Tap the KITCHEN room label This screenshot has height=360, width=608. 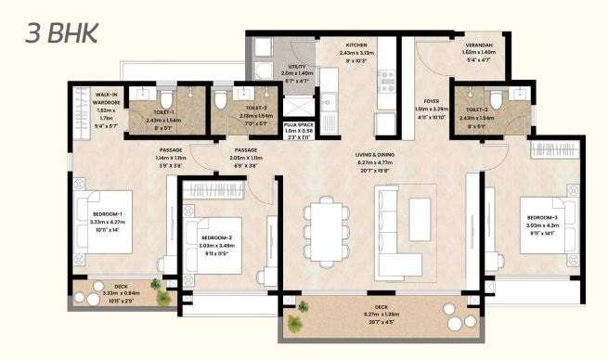(x=357, y=45)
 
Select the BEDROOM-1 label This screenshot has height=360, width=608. (x=108, y=214)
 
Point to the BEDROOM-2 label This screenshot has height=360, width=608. (x=221, y=238)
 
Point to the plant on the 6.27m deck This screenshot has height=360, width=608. (x=296, y=323)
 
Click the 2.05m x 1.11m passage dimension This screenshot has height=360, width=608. (x=245, y=159)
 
